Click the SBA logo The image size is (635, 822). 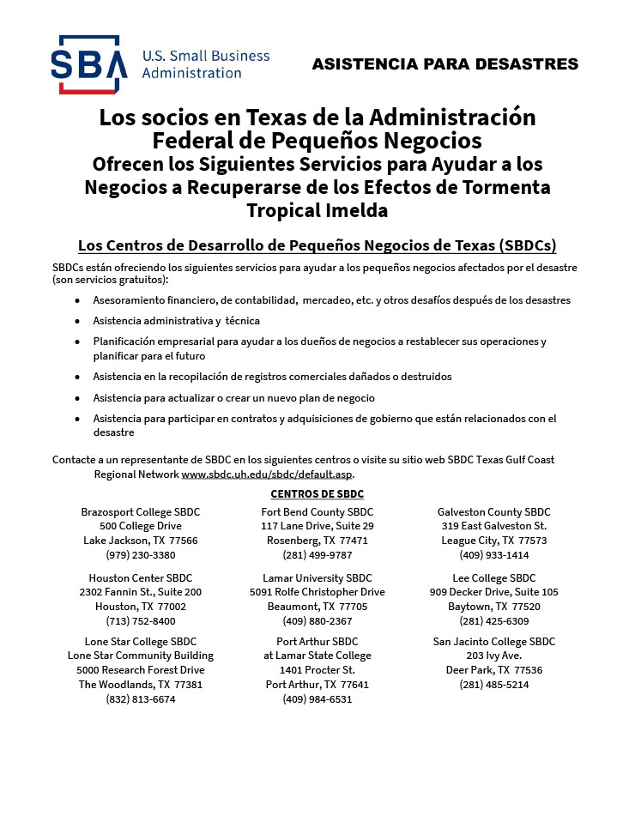click(88, 64)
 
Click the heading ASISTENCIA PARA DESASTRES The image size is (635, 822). click(444, 64)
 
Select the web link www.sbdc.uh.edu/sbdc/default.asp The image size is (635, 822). click(267, 474)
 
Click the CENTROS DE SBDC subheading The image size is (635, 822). click(317, 493)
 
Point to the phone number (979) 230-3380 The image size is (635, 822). click(141, 555)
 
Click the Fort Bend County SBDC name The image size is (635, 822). click(317, 512)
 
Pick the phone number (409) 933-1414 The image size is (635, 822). click(493, 555)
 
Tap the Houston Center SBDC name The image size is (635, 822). click(141, 578)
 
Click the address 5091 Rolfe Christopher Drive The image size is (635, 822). click(317, 592)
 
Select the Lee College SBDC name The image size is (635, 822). click(493, 578)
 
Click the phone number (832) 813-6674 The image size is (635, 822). click(141, 699)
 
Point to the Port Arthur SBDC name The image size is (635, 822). click(317, 642)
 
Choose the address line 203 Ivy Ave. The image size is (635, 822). click(493, 656)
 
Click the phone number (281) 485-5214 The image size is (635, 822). click(493, 685)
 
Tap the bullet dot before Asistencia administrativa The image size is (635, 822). click(77, 321)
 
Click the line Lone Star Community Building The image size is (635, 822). click(141, 656)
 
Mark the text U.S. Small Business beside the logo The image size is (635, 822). click(205, 56)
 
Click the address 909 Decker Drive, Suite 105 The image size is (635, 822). click(493, 592)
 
